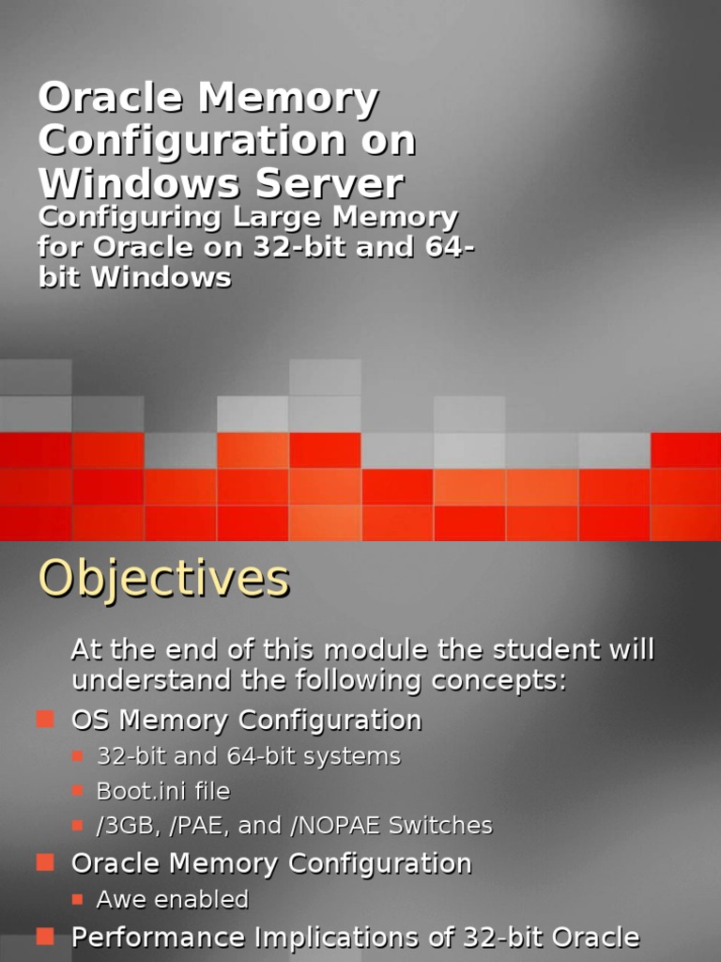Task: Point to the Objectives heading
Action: tap(163, 578)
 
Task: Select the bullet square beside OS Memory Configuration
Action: tap(45, 720)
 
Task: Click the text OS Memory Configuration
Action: tap(246, 721)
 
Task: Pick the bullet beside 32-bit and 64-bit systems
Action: tap(79, 755)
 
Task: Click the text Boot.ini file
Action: tap(163, 791)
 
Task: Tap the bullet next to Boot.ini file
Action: tap(79, 791)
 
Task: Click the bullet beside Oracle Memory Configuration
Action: tap(45, 862)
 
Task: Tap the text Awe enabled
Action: tap(173, 899)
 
